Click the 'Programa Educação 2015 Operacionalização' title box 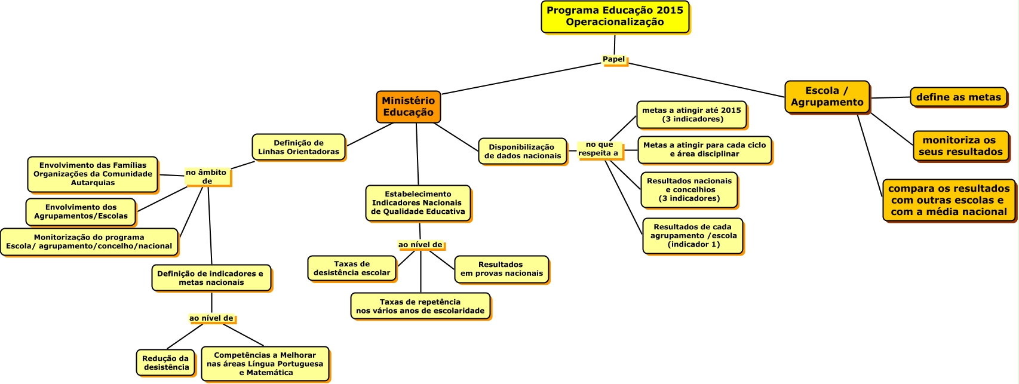[x=615, y=17]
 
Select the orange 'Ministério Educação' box [x=408, y=107]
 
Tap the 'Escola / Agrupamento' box [x=827, y=97]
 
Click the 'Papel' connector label [x=613, y=60]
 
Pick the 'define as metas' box [x=958, y=97]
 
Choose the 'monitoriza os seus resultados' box [x=960, y=146]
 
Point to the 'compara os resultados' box [x=949, y=200]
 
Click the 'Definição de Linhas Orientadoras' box [x=298, y=148]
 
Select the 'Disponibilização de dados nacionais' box [x=522, y=152]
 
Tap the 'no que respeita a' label [x=598, y=149]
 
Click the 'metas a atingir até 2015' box [x=691, y=115]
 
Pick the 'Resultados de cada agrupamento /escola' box [x=693, y=236]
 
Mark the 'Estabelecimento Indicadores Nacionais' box [x=418, y=203]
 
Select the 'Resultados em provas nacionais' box [x=501, y=269]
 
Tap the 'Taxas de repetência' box [x=420, y=306]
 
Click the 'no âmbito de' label [x=207, y=177]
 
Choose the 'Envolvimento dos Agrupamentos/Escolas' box [x=81, y=212]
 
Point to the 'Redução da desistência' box [x=165, y=363]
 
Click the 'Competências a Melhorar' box [x=265, y=364]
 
